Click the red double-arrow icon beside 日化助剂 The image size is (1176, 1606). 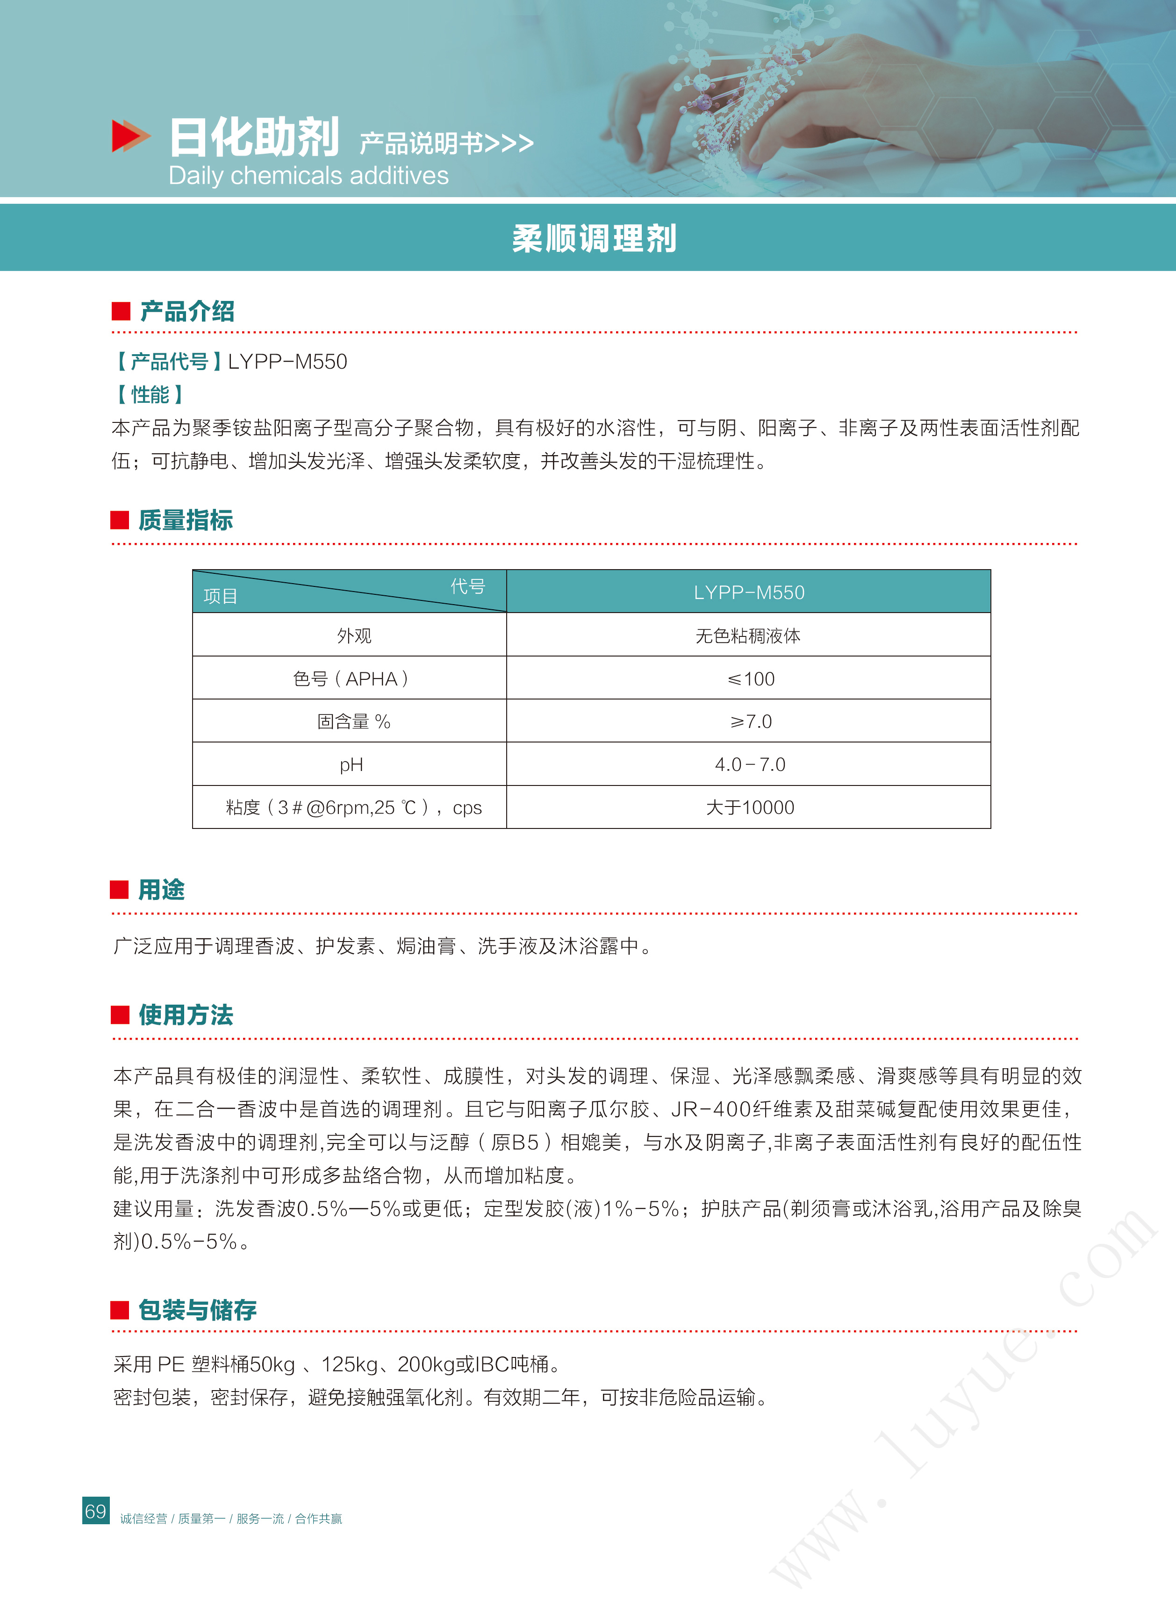click(130, 136)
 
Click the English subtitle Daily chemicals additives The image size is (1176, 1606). click(308, 176)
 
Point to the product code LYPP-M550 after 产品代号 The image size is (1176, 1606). click(287, 362)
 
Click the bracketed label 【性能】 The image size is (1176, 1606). click(150, 395)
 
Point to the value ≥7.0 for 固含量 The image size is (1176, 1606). click(750, 721)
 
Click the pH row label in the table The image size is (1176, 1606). click(351, 765)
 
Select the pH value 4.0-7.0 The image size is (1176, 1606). click(750, 765)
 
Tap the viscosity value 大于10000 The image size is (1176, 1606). click(750, 807)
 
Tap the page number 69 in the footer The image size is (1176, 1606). click(95, 1511)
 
